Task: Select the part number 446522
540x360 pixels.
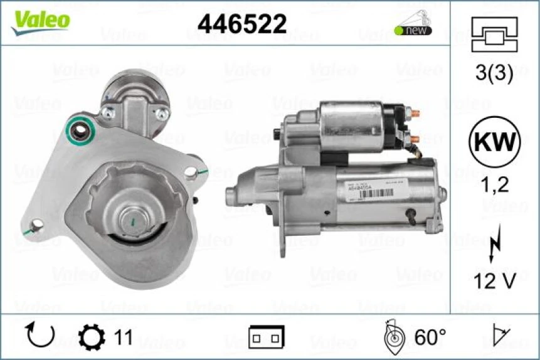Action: (x=242, y=24)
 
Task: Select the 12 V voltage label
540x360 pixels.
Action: (x=494, y=282)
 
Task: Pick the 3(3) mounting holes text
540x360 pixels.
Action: (x=494, y=74)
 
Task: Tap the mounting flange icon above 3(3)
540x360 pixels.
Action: (x=494, y=34)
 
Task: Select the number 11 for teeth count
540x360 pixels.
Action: (x=123, y=337)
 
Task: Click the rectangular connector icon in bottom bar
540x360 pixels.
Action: (x=266, y=337)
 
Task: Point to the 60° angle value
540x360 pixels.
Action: (x=430, y=337)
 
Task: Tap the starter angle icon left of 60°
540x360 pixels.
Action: (x=394, y=336)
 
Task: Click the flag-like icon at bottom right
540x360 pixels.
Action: (x=502, y=336)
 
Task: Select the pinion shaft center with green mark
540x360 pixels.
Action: (x=132, y=220)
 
